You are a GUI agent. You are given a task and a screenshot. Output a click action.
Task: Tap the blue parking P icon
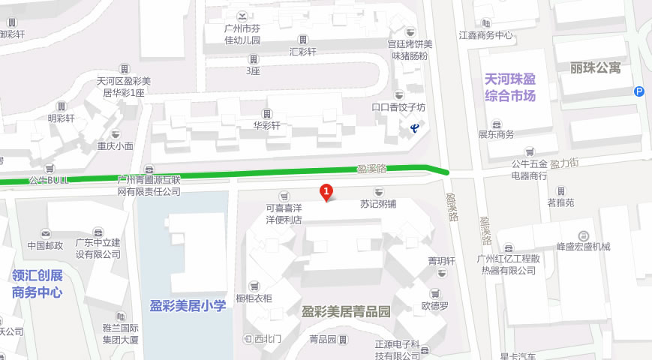point(639,91)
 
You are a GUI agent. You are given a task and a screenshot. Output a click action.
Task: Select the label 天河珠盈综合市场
point(510,87)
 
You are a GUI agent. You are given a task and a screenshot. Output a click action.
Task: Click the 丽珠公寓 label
point(596,68)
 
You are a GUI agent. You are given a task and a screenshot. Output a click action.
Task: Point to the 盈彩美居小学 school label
point(188,305)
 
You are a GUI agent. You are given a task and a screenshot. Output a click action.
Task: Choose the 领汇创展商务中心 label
point(38,283)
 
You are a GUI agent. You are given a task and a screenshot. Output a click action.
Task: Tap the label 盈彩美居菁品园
point(346,311)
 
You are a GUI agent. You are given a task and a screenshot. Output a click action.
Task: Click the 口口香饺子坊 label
point(398,107)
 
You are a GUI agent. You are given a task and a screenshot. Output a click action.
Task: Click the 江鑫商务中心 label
point(485,34)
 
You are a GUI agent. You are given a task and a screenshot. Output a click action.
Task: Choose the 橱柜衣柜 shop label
point(254,298)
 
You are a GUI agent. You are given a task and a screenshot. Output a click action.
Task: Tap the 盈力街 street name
point(564,162)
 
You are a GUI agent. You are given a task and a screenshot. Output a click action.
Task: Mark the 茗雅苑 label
point(560,202)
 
